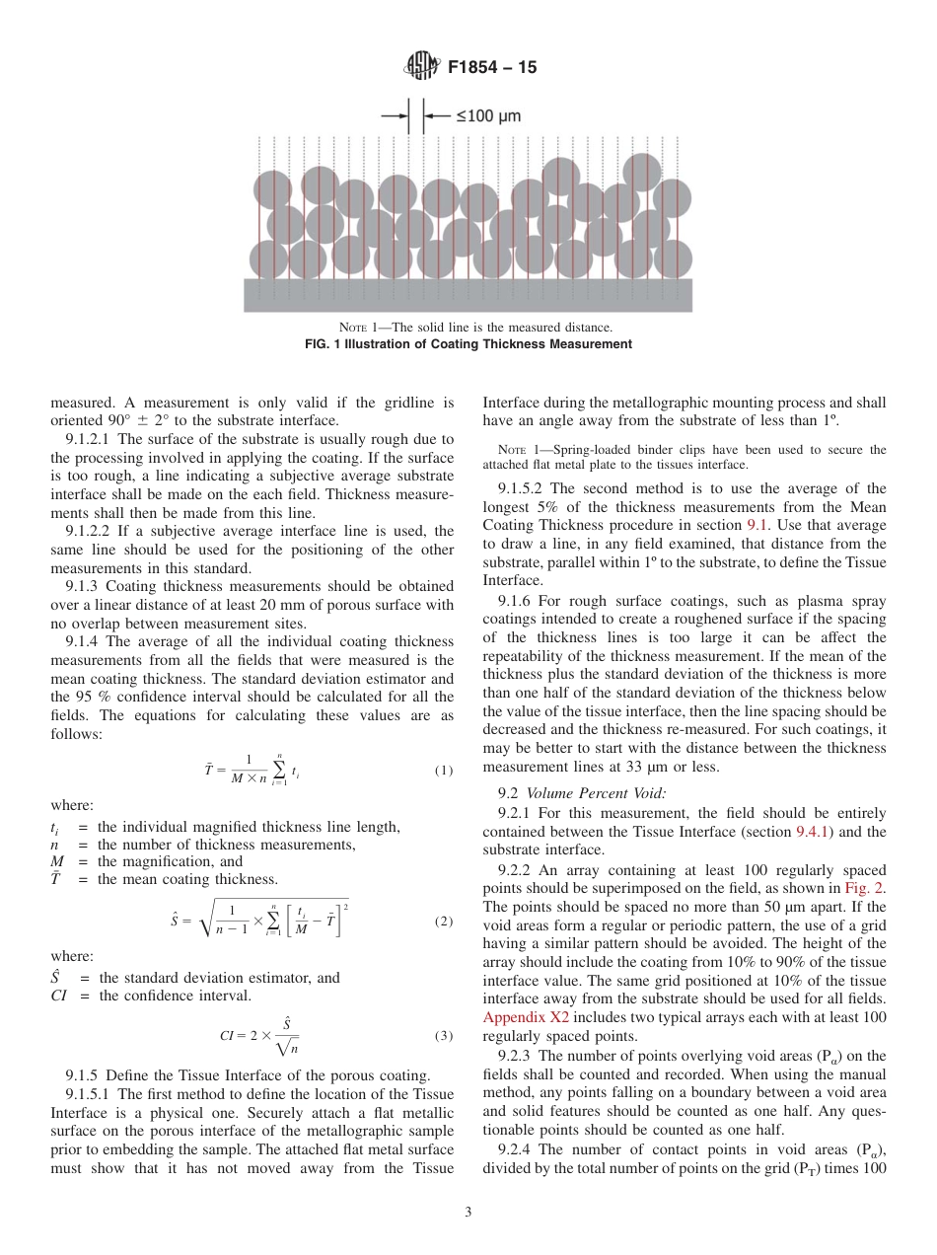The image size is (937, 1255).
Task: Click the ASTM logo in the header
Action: click(x=422, y=68)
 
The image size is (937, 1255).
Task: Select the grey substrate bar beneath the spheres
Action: click(x=468, y=295)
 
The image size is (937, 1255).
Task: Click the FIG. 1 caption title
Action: click(x=468, y=344)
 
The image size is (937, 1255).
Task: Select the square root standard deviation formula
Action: click(x=259, y=922)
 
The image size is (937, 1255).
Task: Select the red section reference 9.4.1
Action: click(x=814, y=832)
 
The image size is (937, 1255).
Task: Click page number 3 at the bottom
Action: click(x=468, y=1213)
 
